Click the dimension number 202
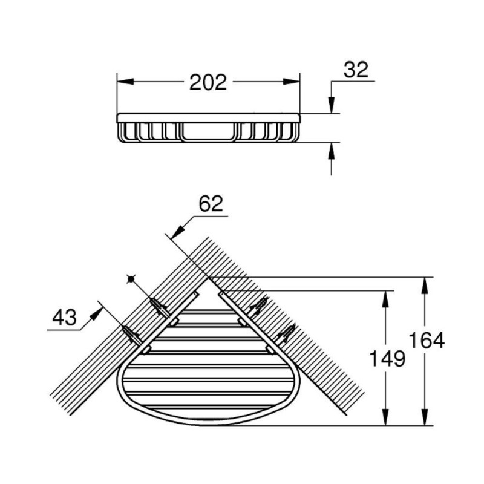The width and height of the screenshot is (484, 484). pyautogui.click(x=208, y=82)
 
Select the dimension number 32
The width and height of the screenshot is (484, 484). pyautogui.click(x=356, y=70)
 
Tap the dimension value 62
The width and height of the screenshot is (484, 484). pyautogui.click(x=211, y=204)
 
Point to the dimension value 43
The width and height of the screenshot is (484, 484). pyautogui.click(x=65, y=317)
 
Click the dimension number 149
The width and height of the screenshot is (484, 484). pyautogui.click(x=387, y=359)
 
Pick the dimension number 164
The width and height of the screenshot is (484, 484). pyautogui.click(x=427, y=340)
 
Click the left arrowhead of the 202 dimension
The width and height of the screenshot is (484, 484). pyautogui.click(x=125, y=82)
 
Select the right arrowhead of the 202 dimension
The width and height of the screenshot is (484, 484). pyautogui.click(x=292, y=82)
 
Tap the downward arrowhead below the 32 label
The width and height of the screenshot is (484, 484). pyautogui.click(x=331, y=105)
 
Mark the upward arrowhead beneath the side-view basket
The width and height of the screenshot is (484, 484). pyautogui.click(x=331, y=151)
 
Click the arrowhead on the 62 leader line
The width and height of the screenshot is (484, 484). pyautogui.click(x=177, y=232)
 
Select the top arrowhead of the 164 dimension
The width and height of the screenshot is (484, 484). pyautogui.click(x=425, y=286)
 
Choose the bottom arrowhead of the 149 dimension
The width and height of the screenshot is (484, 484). pyautogui.click(x=385, y=417)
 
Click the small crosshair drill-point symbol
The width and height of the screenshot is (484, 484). pyautogui.click(x=131, y=280)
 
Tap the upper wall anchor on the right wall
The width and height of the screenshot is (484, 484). pyautogui.click(x=259, y=307)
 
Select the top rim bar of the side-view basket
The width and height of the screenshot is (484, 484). pyautogui.click(x=208, y=118)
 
